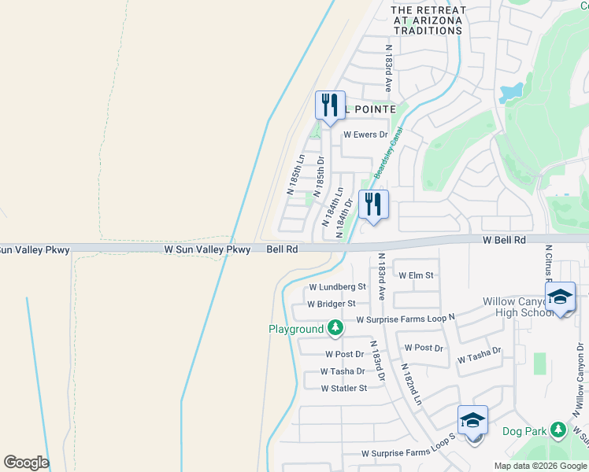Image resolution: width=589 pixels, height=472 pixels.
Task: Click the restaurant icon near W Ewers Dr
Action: pos(329,105)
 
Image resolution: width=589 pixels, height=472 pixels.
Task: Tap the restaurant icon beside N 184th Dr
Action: pos(373,205)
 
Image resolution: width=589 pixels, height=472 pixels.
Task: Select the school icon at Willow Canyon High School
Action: pos(560,297)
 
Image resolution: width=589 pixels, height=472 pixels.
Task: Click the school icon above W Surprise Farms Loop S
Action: pos(472,420)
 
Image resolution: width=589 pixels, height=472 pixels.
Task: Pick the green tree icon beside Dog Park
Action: pos(558,430)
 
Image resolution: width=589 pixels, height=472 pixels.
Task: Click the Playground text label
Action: pos(296,329)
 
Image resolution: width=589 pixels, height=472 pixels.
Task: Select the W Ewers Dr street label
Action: pos(365,135)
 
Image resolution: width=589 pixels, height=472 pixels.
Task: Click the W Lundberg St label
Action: pos(338,287)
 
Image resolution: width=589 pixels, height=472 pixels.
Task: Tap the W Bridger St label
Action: pos(332,304)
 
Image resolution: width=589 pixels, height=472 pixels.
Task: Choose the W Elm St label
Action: pos(417,275)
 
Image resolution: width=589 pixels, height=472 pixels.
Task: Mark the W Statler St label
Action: pos(344,388)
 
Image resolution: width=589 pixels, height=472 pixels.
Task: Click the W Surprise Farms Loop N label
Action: pos(406,319)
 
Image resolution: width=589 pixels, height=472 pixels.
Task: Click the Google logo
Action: pos(26,463)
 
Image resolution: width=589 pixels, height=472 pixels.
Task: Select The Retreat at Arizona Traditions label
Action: pos(429,20)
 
